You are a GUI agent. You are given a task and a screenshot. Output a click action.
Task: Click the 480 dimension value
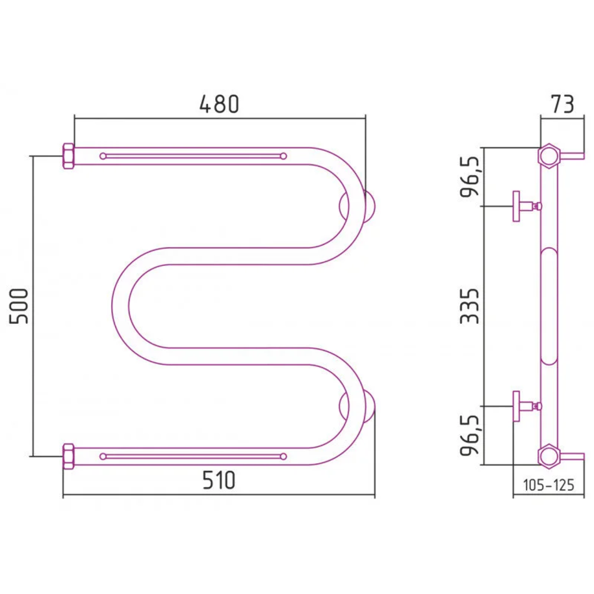pyautogui.click(x=219, y=104)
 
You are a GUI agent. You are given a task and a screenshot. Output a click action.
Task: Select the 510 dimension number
pyautogui.click(x=219, y=480)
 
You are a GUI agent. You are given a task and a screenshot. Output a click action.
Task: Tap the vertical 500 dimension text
pyautogui.click(x=19, y=306)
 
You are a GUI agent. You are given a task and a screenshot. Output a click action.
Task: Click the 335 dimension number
pyautogui.click(x=470, y=306)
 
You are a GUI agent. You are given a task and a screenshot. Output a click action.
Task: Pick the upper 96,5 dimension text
pyautogui.click(x=470, y=176)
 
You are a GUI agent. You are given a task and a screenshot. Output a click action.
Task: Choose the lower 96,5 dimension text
pyautogui.click(x=470, y=435)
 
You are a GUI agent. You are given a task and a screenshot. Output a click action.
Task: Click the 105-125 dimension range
pyautogui.click(x=548, y=485)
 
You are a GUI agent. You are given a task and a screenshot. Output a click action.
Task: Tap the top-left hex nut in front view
pyautogui.click(x=69, y=156)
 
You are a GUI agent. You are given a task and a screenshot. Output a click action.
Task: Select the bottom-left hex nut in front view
pyautogui.click(x=69, y=456)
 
